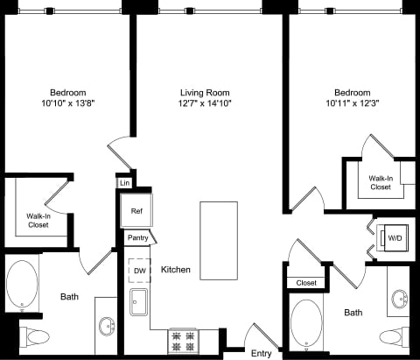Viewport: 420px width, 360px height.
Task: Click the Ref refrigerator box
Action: tap(136, 211)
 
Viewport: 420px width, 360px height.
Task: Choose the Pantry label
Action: tap(137, 237)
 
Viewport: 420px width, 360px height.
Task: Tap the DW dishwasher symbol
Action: tap(139, 271)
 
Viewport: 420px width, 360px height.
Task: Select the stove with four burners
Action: tap(184, 340)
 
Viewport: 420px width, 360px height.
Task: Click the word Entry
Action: tap(261, 353)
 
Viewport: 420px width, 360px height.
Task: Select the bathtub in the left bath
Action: tap(22, 284)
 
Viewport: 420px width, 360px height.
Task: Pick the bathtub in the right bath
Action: tap(305, 323)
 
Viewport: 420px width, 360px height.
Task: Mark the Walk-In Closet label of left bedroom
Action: tap(38, 220)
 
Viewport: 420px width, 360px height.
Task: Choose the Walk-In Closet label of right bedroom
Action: tap(380, 182)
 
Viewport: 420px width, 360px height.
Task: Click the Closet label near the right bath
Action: tap(305, 283)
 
